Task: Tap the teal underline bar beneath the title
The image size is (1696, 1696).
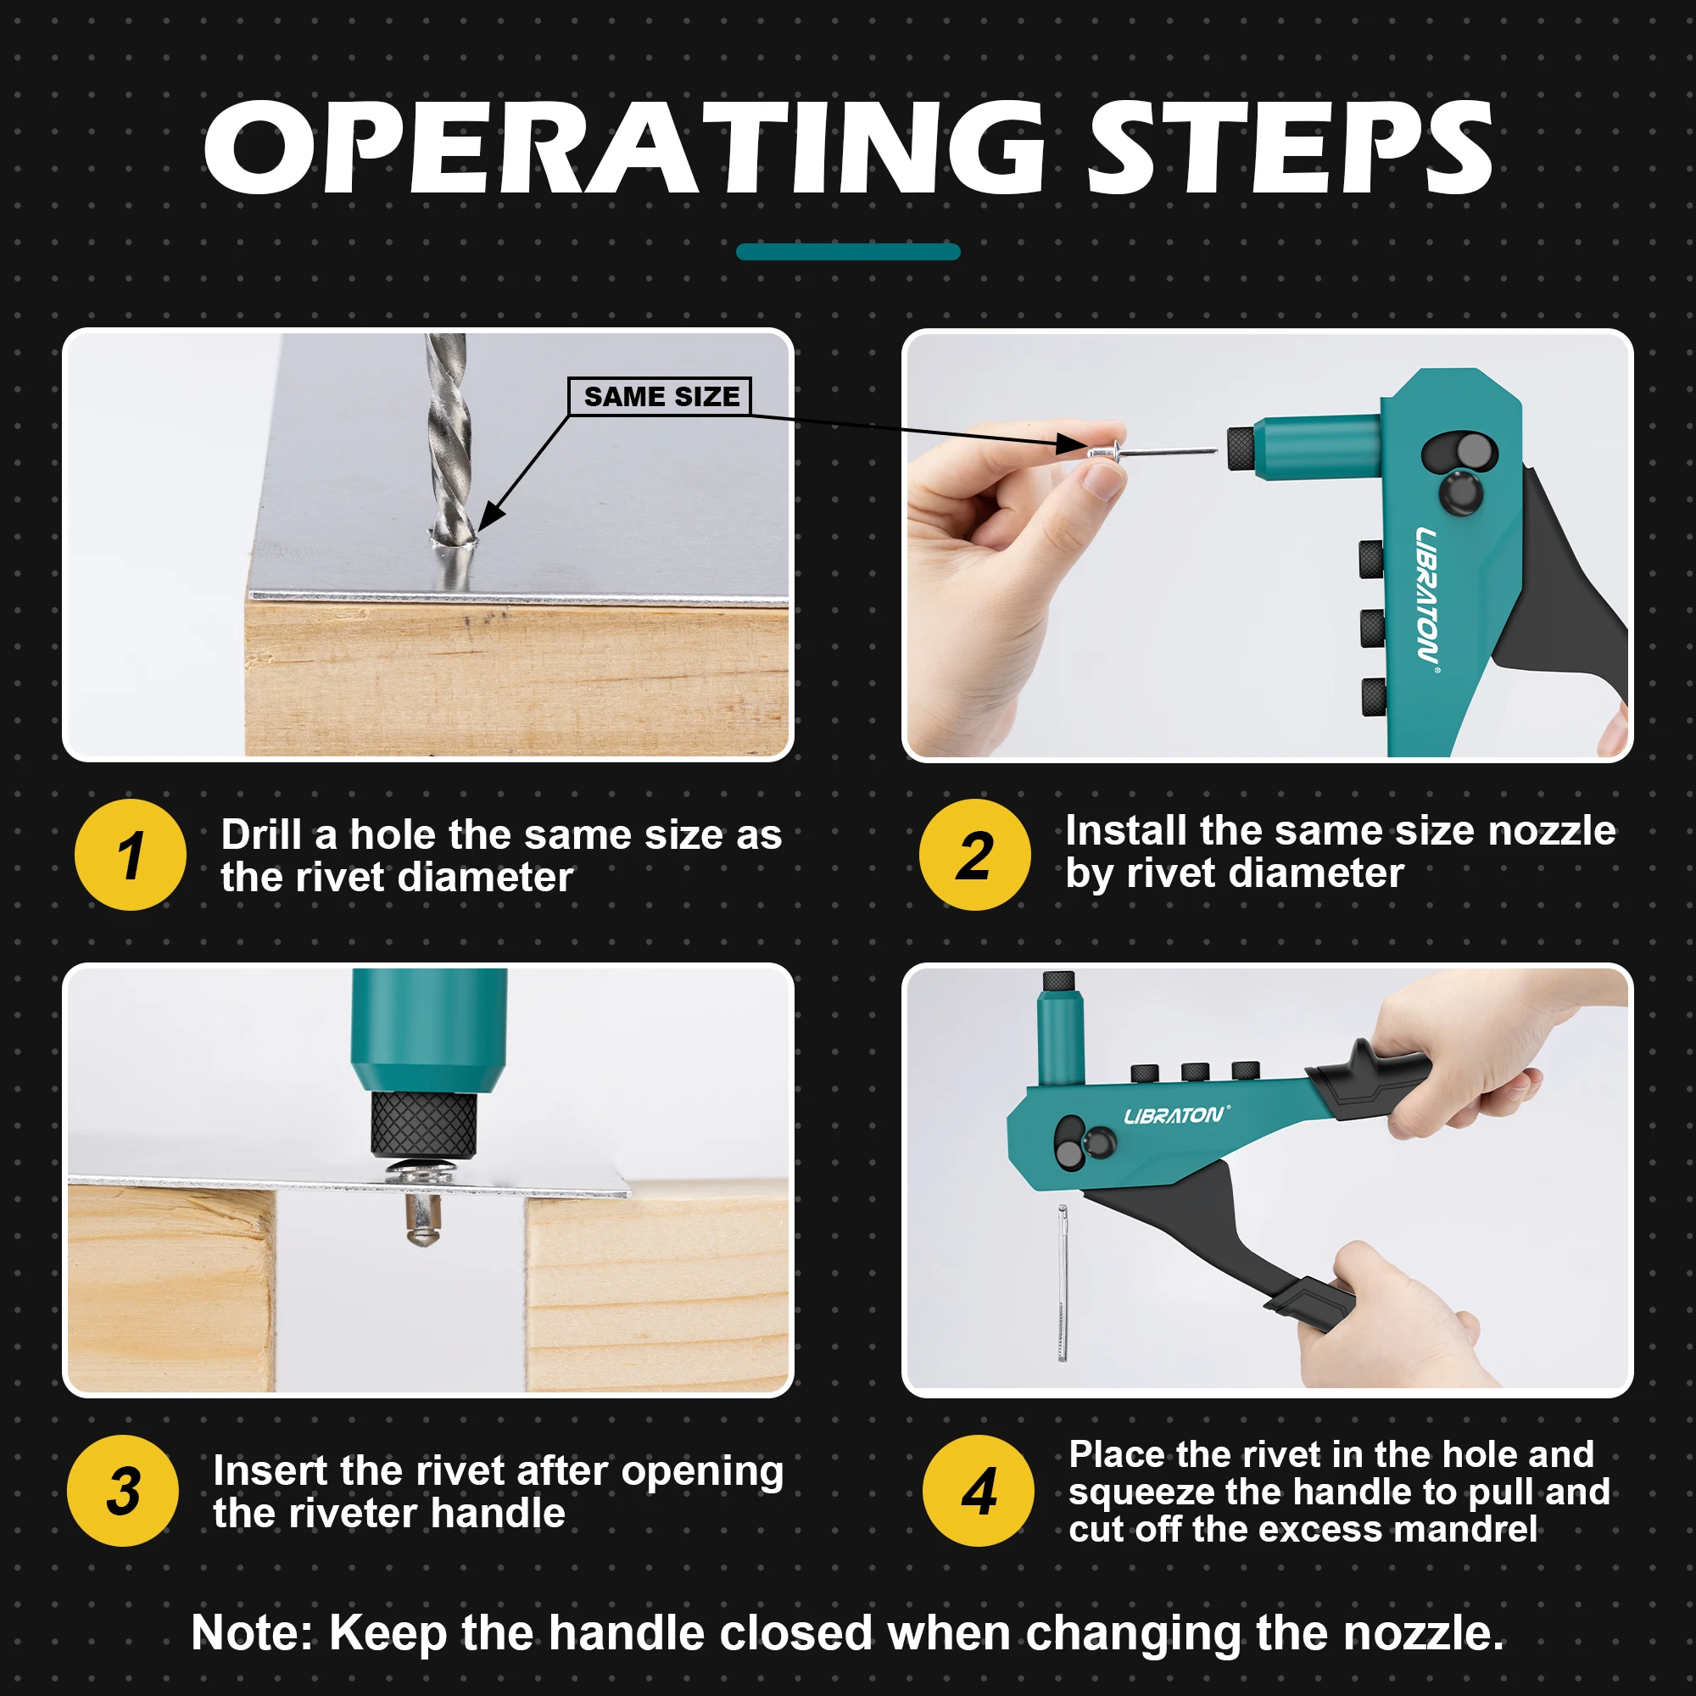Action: pos(848,252)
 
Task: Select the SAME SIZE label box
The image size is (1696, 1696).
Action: pos(660,396)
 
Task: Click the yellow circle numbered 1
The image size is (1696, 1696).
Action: pos(131,854)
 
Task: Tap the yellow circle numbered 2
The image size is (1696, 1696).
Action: pos(974,854)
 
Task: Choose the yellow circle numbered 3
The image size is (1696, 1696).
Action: pos(123,1491)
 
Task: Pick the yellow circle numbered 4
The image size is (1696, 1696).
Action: pos(978,1491)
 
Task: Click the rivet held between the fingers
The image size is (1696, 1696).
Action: pos(1107,453)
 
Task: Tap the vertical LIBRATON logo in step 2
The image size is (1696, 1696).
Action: pos(1426,595)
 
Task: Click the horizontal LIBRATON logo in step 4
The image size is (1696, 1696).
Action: pos(1175,1116)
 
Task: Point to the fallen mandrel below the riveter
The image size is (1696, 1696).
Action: pos(1063,1281)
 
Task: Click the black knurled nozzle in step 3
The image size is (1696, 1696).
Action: pos(424,1124)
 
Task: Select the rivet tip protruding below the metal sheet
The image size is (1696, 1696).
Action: pos(423,1220)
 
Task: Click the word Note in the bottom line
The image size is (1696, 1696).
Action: pos(248,1632)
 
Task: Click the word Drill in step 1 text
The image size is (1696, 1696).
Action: pos(260,834)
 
